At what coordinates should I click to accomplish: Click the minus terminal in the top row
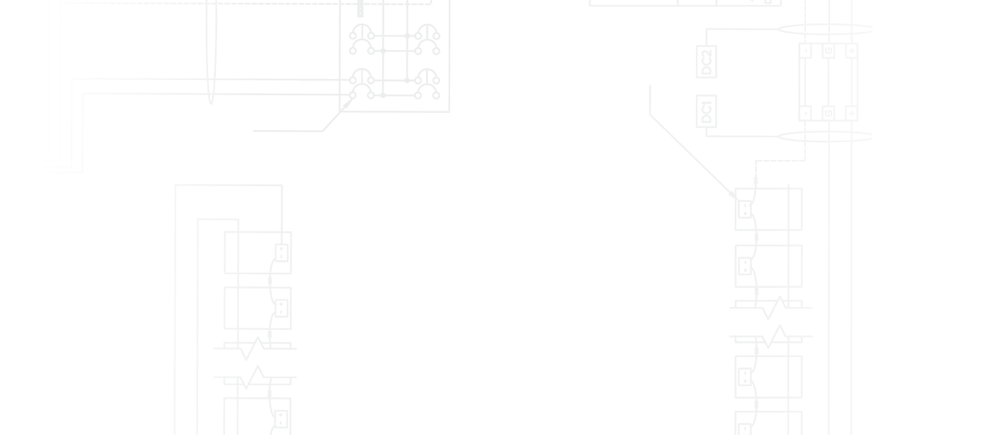806,51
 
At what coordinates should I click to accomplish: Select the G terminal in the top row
829,51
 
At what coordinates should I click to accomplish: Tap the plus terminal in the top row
851,51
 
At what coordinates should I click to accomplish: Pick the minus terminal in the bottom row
806,113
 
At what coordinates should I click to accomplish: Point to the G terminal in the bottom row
829,113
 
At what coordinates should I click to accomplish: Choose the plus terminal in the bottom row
851,113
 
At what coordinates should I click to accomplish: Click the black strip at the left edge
18,213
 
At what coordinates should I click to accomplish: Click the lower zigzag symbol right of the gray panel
778,335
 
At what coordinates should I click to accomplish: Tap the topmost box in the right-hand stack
784,210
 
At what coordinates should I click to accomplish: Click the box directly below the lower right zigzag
784,377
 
